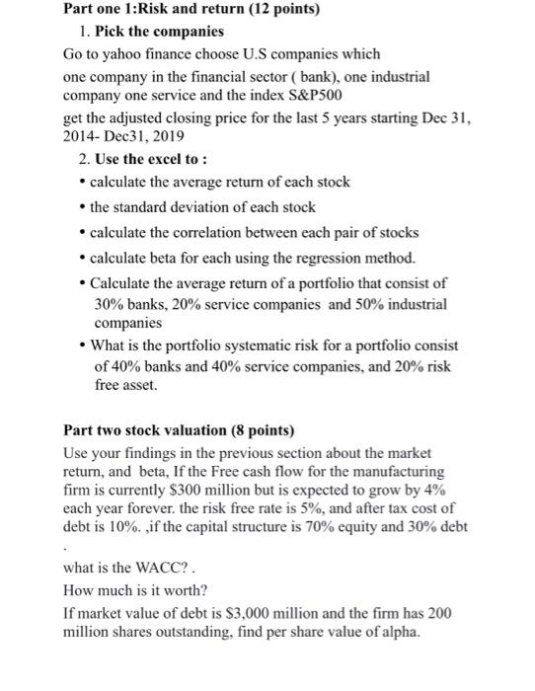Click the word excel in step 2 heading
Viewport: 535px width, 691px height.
[x=166, y=160]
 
